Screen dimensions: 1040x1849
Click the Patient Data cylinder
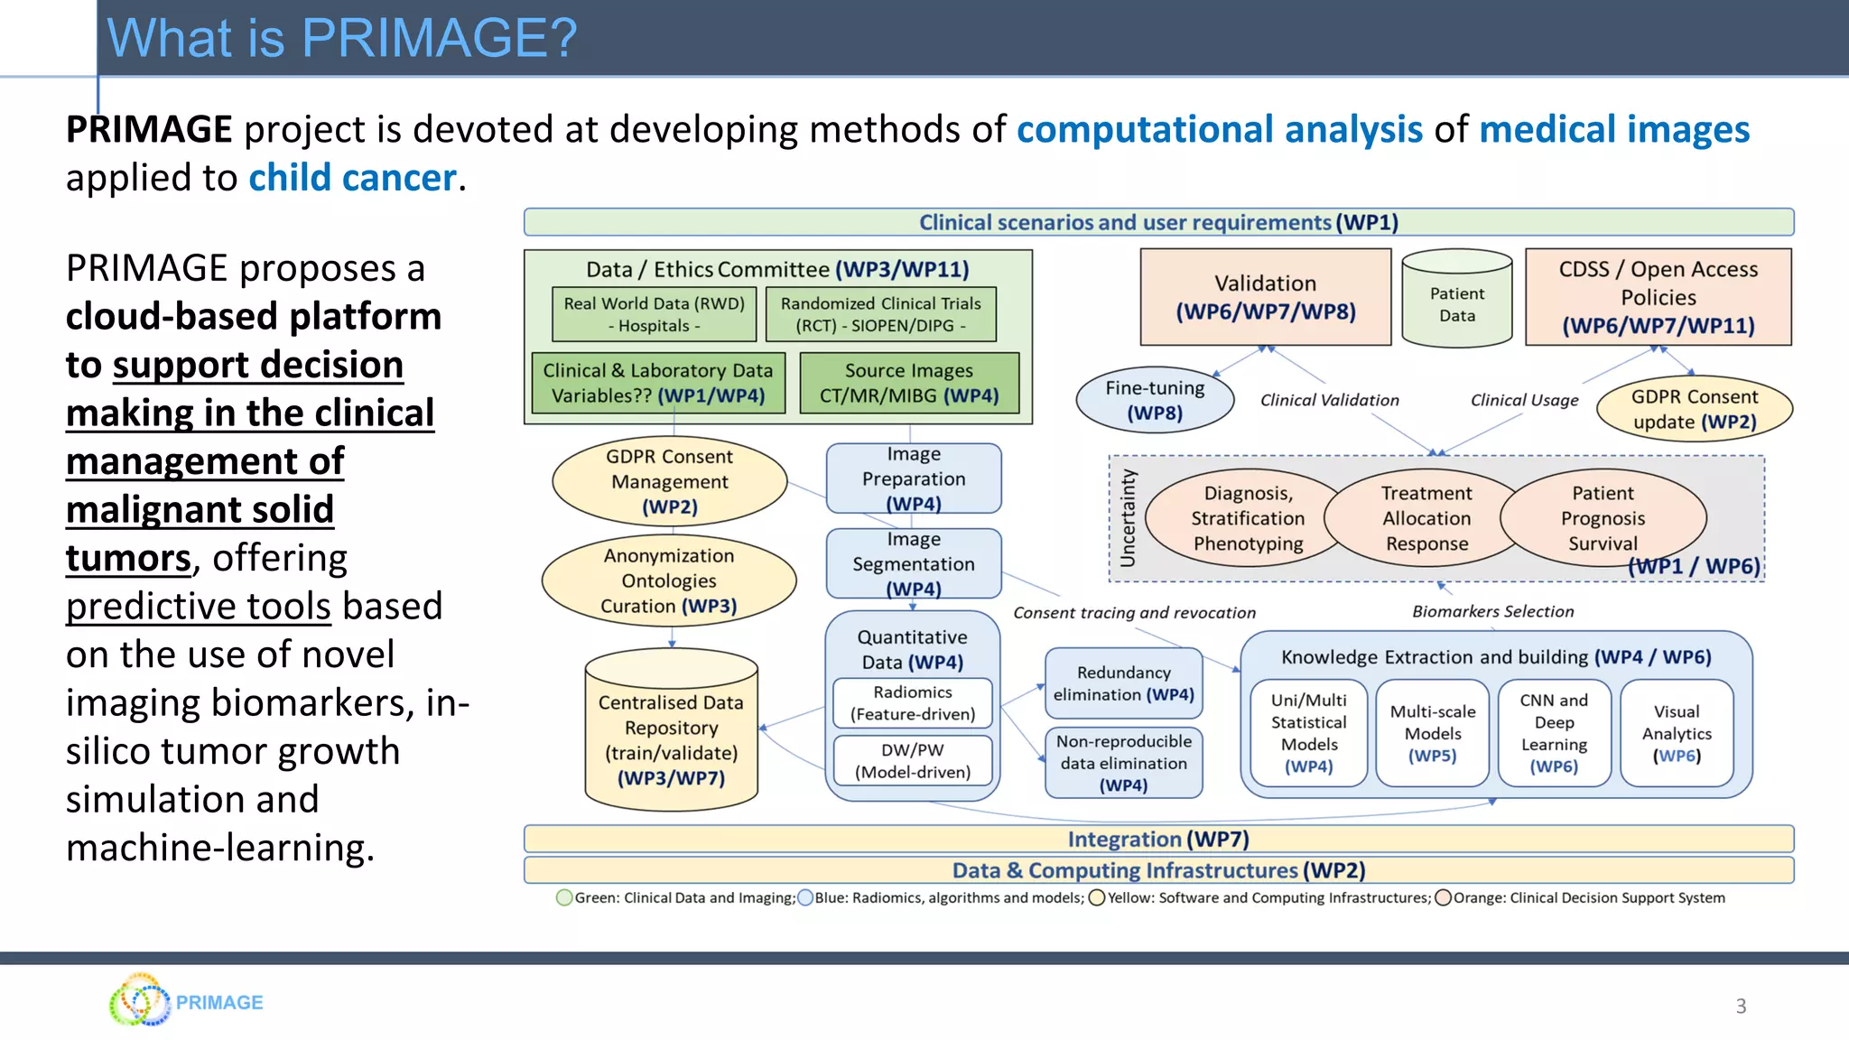coord(1456,301)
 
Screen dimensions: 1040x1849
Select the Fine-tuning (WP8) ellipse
coord(1155,400)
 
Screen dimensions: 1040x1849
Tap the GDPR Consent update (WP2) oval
coord(1694,409)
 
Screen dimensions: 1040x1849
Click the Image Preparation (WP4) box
coord(914,478)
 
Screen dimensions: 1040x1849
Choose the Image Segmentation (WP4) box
coord(914,563)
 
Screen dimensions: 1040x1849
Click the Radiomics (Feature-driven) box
coord(913,703)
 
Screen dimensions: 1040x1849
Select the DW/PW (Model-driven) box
coord(913,761)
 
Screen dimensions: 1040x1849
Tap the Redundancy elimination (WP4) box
coord(1123,683)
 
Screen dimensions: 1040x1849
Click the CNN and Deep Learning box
coord(1554,733)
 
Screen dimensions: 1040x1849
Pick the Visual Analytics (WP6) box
coord(1677,733)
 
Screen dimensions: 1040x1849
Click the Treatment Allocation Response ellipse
coord(1426,518)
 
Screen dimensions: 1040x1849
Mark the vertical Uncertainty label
coord(1127,518)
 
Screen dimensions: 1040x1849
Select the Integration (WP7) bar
coord(1158,839)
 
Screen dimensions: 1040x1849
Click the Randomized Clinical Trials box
coord(880,314)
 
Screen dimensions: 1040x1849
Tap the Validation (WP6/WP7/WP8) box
coord(1265,297)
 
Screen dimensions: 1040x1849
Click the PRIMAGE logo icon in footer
coord(139,1000)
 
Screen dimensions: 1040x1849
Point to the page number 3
coord(1741,1006)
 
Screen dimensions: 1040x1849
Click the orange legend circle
coord(1443,897)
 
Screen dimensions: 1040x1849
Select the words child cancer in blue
coord(352,178)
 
